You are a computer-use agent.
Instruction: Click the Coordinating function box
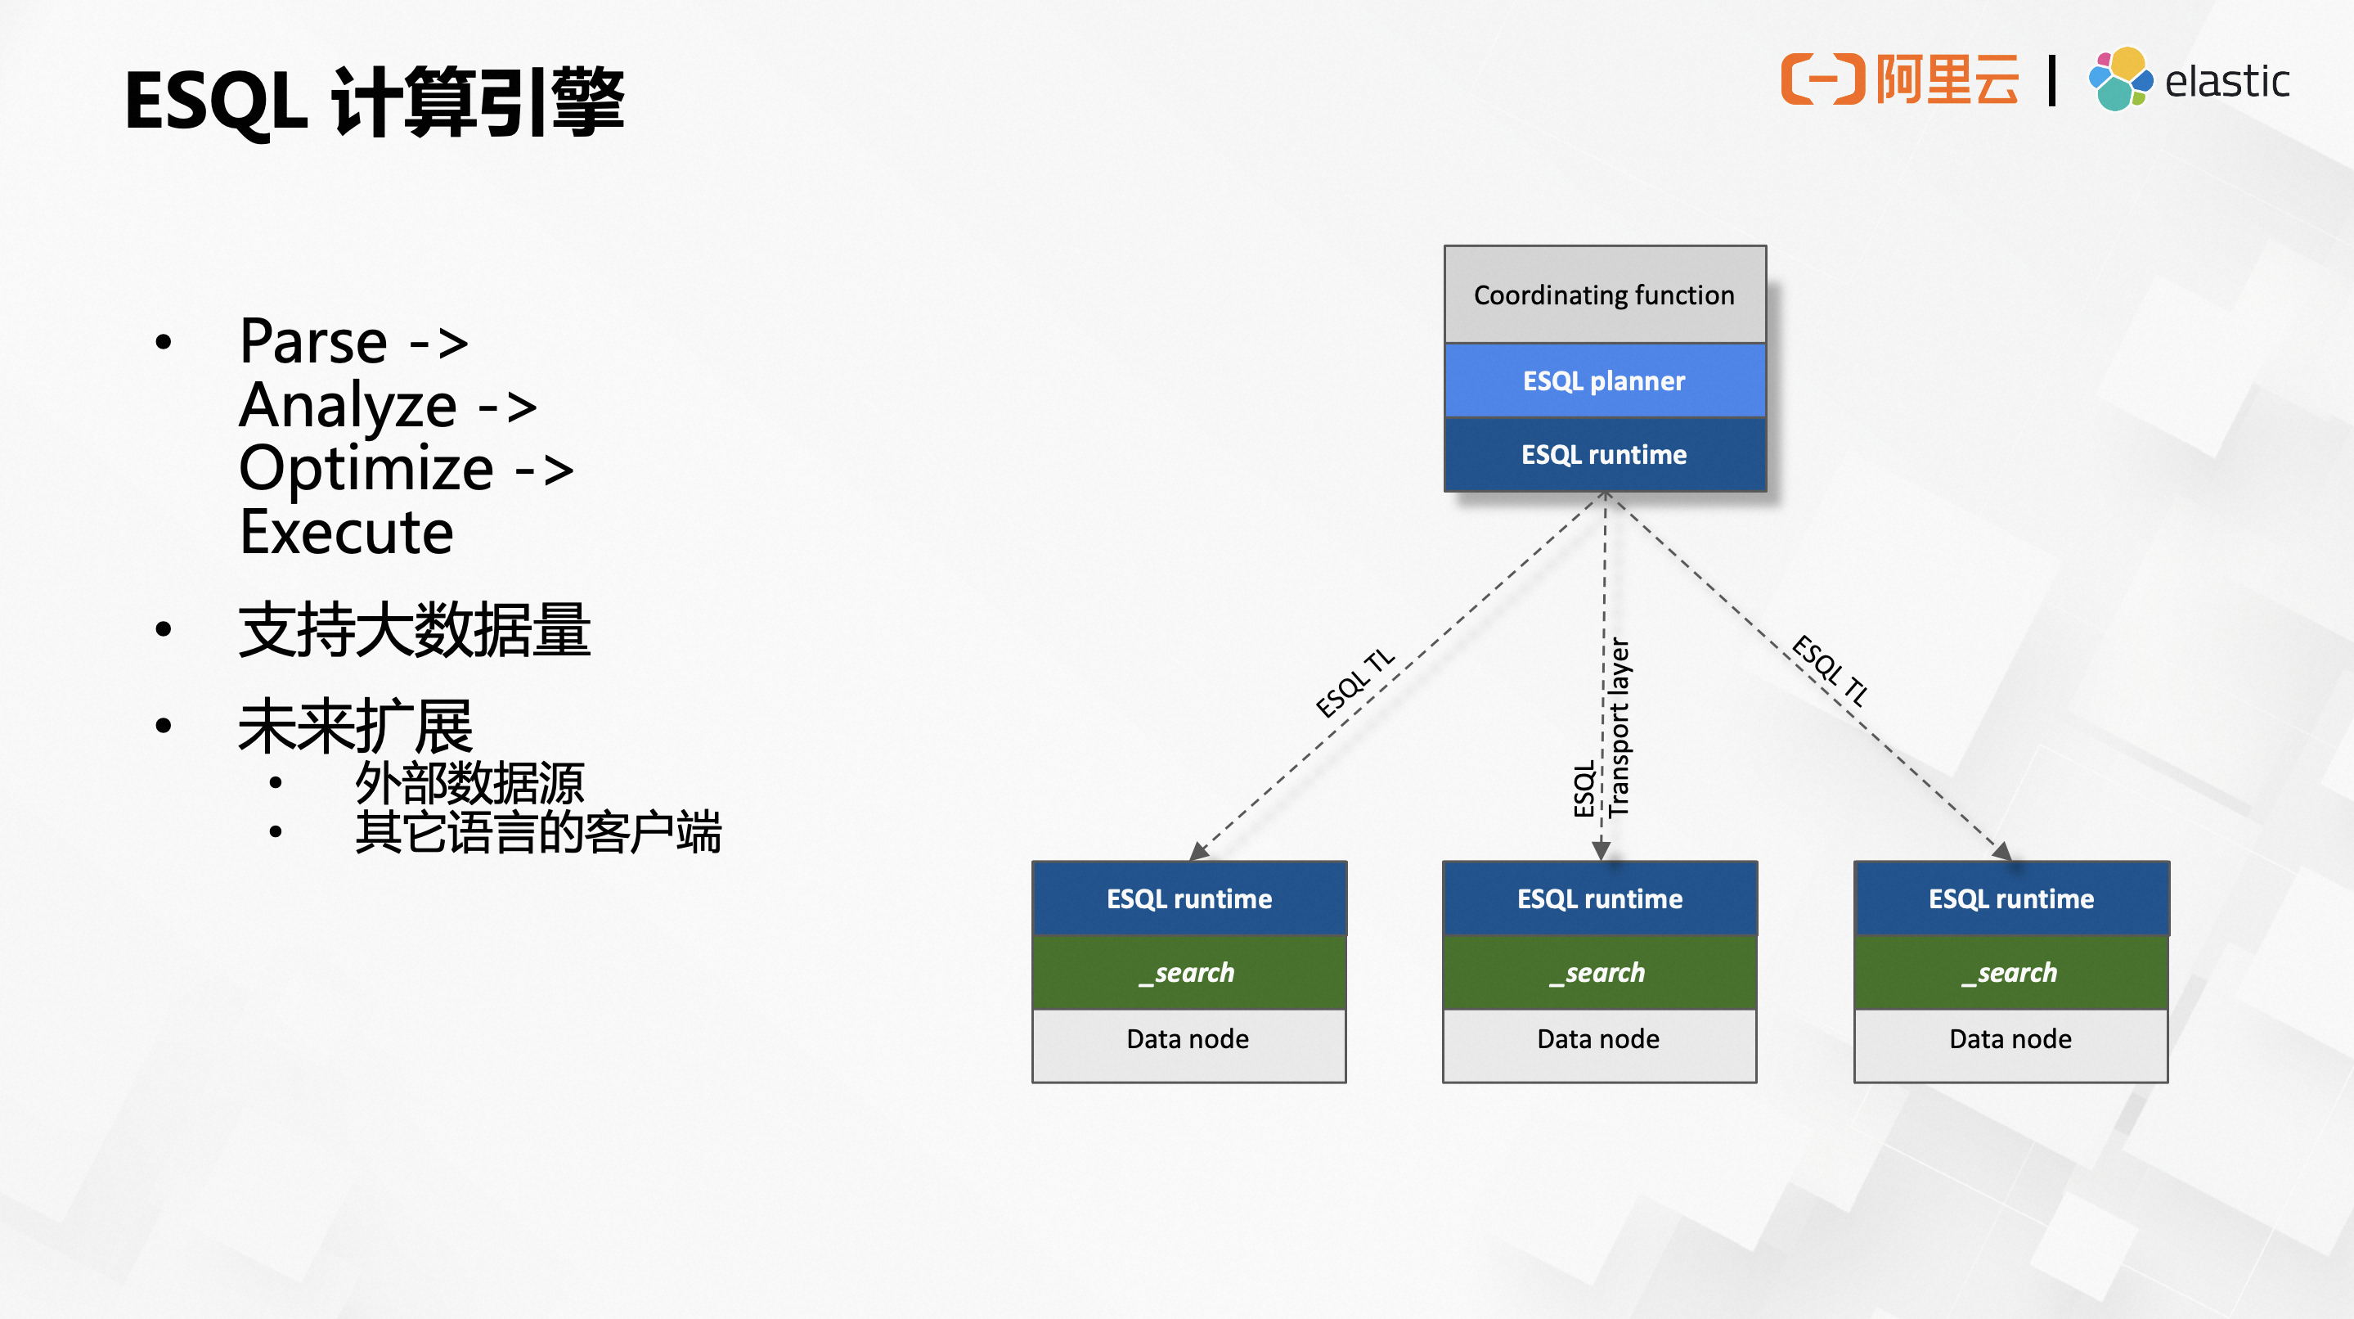[1604, 295]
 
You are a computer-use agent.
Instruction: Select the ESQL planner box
[1604, 381]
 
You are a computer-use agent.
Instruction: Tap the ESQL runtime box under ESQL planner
[1604, 454]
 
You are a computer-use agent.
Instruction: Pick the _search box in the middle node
[1598, 973]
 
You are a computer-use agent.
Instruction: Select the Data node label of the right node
[2010, 1039]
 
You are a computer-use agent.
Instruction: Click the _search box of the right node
[2010, 973]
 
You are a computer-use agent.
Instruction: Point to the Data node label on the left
[1188, 1039]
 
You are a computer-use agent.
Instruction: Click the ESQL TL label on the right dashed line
[1830, 670]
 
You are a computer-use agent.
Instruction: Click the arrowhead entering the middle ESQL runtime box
[1601, 851]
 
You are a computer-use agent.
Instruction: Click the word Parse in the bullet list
[313, 342]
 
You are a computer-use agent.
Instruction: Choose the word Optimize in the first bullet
[366, 469]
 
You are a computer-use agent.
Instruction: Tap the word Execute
[346, 533]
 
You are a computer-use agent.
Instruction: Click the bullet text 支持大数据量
[414, 631]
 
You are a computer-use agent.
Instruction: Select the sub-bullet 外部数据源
[469, 783]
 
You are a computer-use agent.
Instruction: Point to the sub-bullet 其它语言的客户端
[538, 833]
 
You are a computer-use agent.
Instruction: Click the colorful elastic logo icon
[2119, 79]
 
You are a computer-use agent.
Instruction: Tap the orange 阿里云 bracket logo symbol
[1822, 79]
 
